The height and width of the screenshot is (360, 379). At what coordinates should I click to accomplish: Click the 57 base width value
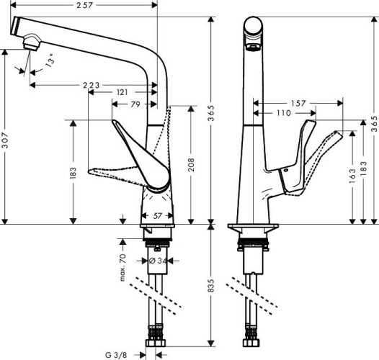pos(158,215)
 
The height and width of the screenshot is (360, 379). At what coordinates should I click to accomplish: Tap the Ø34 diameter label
pos(158,260)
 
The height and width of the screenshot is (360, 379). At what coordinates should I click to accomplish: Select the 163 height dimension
pos(351,176)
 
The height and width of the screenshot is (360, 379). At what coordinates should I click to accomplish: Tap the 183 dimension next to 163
pos(362,166)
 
